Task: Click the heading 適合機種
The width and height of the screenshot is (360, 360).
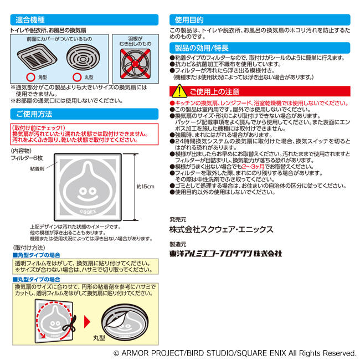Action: coord(30,20)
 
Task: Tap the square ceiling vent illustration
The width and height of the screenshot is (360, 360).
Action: coord(37,58)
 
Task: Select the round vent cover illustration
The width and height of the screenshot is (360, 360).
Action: coord(83,57)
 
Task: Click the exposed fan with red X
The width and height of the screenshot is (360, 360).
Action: coord(135,64)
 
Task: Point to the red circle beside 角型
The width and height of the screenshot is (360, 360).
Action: coord(30,78)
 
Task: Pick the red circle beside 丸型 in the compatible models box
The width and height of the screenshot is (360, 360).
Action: coord(77,78)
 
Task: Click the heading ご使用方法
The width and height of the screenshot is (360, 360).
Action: coord(34,114)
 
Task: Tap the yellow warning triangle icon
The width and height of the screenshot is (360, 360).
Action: coord(179,91)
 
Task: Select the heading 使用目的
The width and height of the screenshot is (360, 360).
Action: coord(189,20)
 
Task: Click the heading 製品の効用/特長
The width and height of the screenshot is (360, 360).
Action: coord(202,48)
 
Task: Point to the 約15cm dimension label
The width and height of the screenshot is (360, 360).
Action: coord(146,187)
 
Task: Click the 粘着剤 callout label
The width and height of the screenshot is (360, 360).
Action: coord(37,169)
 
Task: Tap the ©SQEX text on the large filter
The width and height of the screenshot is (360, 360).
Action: coord(88,212)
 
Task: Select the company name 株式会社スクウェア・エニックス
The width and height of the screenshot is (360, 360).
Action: coord(222,230)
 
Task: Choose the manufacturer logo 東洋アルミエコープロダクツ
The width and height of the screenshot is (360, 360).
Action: coord(225,254)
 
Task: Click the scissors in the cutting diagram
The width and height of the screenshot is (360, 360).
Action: coord(70,326)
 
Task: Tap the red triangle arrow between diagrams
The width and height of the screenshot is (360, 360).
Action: coord(88,322)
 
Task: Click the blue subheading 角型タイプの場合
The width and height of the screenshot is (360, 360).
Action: coord(36,255)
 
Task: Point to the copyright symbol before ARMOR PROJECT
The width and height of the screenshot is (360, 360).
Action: coord(116,353)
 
